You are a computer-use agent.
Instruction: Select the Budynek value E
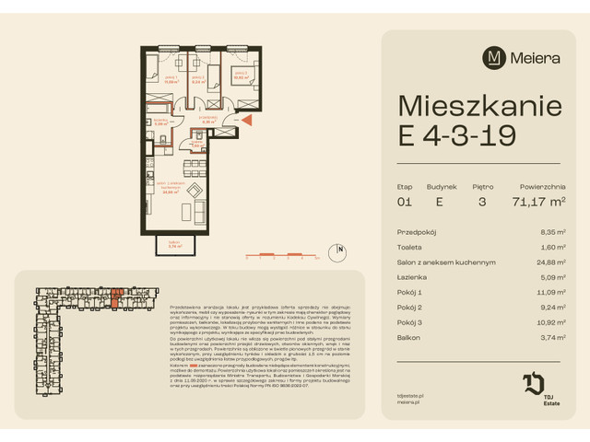click(440, 202)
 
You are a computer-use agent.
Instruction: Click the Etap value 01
click(405, 202)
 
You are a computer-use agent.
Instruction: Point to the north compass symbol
click(341, 249)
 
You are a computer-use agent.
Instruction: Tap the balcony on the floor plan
click(176, 244)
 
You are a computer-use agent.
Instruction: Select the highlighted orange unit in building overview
click(116, 296)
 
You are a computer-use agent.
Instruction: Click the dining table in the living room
click(193, 169)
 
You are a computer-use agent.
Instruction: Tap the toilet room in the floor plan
click(196, 140)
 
